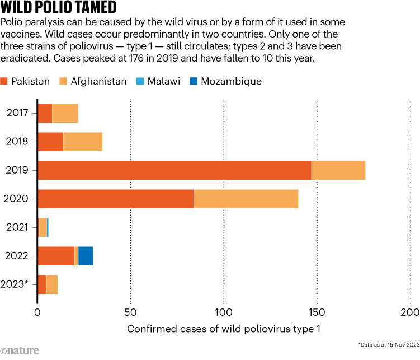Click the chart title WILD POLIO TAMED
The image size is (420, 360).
(x=59, y=8)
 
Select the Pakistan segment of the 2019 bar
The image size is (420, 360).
(x=174, y=170)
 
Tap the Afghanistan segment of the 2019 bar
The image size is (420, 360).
(x=338, y=170)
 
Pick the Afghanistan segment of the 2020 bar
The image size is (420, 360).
(x=246, y=199)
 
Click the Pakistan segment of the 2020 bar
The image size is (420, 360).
(x=115, y=199)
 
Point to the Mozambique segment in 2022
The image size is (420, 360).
(x=86, y=256)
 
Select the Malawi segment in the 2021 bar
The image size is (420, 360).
(x=48, y=227)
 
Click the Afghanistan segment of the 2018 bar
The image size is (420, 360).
(x=83, y=142)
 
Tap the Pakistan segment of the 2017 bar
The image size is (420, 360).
(x=45, y=113)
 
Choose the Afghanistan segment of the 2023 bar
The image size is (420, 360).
(x=52, y=284)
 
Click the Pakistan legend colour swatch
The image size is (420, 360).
(x=5, y=82)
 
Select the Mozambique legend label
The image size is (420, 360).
(x=231, y=82)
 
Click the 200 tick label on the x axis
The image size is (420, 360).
(x=410, y=312)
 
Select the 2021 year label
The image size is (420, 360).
(x=17, y=227)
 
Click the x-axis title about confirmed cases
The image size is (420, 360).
(x=224, y=329)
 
